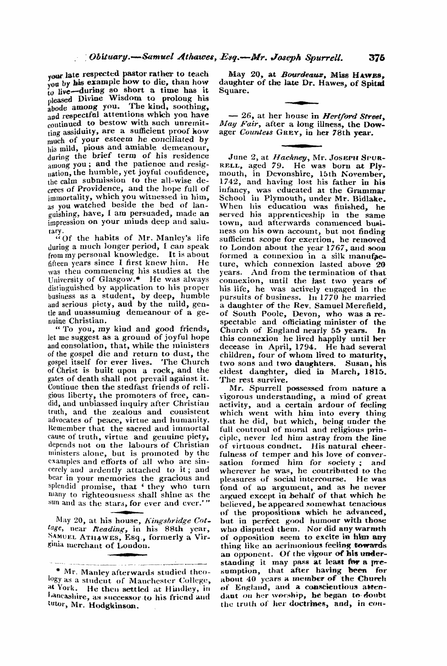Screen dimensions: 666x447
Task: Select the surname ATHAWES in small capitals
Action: [x=95, y=537]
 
